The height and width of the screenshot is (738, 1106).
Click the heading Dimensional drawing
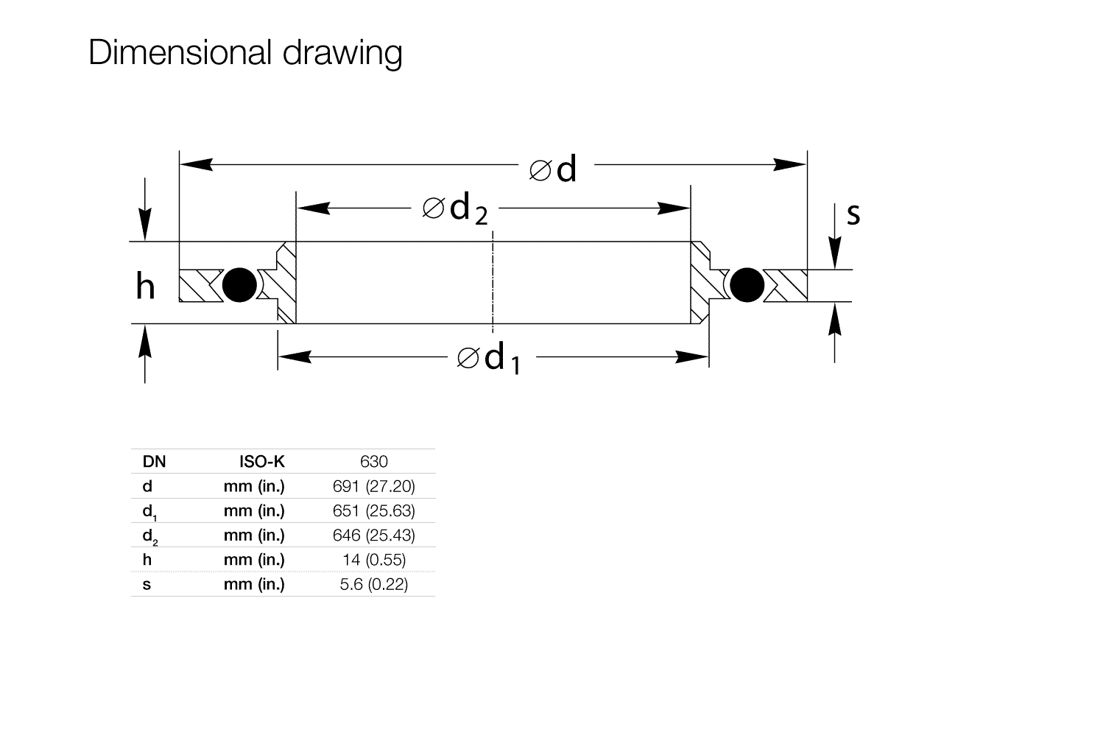tap(245, 53)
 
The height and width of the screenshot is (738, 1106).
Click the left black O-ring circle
tap(239, 285)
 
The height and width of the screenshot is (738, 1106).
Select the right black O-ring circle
tap(747, 285)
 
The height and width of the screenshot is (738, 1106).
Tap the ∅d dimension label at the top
tap(552, 169)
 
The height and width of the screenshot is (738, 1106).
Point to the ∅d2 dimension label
tap(455, 209)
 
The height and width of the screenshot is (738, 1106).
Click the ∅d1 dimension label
tap(488, 358)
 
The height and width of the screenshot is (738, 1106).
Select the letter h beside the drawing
tap(145, 286)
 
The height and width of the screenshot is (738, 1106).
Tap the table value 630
tap(374, 461)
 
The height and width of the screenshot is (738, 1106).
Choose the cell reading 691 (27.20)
tap(374, 487)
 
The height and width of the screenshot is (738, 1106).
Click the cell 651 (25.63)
tap(374, 510)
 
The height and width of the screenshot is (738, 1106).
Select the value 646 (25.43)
tap(374, 535)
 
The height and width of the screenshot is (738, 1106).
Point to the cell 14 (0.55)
tap(374, 560)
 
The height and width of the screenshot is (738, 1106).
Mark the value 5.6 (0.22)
tap(374, 584)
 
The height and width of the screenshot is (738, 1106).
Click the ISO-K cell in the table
tap(261, 461)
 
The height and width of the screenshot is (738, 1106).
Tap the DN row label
tap(154, 461)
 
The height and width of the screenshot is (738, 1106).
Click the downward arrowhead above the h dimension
tap(144, 224)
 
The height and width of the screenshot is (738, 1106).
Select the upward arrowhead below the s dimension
tap(834, 319)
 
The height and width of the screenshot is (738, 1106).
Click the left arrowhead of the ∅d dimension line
tap(196, 164)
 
